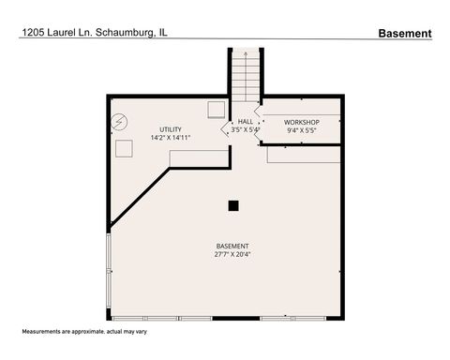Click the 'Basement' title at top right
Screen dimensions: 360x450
(x=405, y=33)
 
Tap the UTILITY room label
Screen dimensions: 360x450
(x=171, y=129)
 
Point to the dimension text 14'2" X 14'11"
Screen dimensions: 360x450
(x=171, y=138)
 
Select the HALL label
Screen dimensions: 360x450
(x=246, y=122)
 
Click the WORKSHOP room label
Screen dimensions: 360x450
(x=302, y=123)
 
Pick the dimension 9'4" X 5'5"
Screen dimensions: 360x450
(x=302, y=131)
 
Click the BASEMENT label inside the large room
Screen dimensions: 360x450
(x=232, y=246)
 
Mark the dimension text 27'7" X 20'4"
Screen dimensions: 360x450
(x=232, y=254)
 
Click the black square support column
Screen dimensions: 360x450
(x=233, y=205)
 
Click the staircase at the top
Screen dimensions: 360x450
(x=247, y=75)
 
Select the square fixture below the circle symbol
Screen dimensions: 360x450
(x=123, y=149)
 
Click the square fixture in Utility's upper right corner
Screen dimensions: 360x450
(x=216, y=108)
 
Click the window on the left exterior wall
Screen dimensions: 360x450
(x=109, y=272)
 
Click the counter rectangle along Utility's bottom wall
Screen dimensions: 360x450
(x=197, y=161)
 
